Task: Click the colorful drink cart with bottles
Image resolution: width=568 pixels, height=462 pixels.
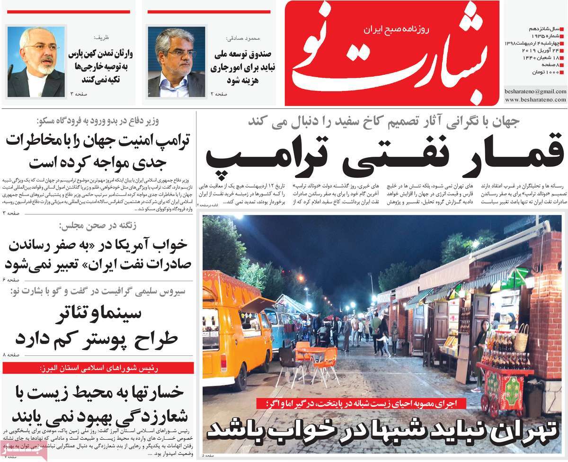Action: [x=504, y=379]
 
